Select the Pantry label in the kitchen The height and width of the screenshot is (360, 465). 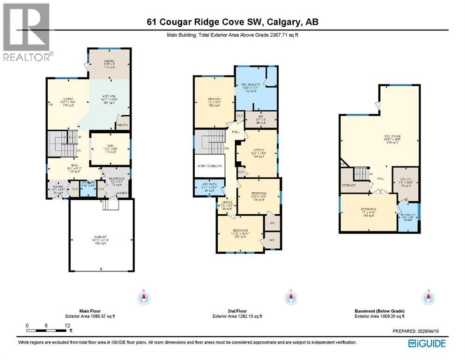(x=122, y=125)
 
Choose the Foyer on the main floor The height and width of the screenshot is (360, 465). (x=58, y=190)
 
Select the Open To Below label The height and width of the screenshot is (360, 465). (x=209, y=165)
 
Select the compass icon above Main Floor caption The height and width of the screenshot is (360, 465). (x=144, y=297)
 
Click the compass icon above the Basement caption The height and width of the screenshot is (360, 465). (x=427, y=297)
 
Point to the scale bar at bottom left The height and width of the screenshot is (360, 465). (x=47, y=331)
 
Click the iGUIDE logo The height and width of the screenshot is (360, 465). (x=427, y=344)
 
